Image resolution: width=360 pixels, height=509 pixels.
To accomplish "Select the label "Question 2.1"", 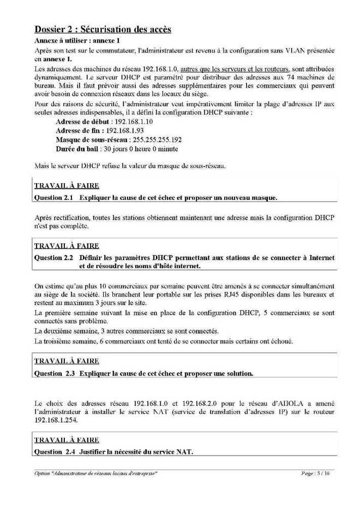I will coord(53,196).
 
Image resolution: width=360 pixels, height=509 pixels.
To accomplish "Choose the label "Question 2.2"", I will coord(53,256).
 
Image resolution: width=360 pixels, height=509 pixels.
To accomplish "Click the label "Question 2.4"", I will coord(53,452).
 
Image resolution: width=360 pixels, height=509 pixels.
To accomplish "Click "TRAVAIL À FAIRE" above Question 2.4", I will coord(67,440).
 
